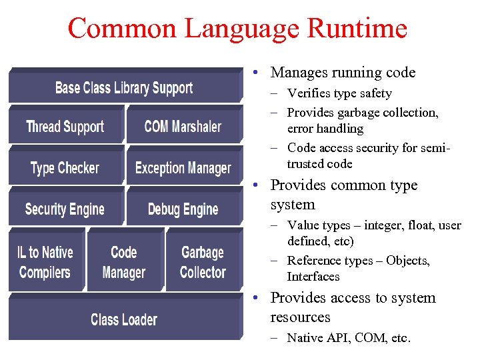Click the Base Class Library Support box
point(124,88)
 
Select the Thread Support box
point(65,127)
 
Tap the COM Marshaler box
point(183,127)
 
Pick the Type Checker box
point(65,168)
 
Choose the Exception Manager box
point(183,168)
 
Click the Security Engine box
point(65,209)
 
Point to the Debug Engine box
point(183,209)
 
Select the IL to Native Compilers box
point(45,263)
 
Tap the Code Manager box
point(124,263)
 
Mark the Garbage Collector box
point(203,263)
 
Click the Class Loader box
point(124,319)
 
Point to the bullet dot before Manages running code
point(256,73)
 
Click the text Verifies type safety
point(339,93)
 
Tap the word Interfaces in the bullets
point(313,276)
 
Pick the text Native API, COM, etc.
point(349,338)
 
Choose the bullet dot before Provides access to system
point(256,298)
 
